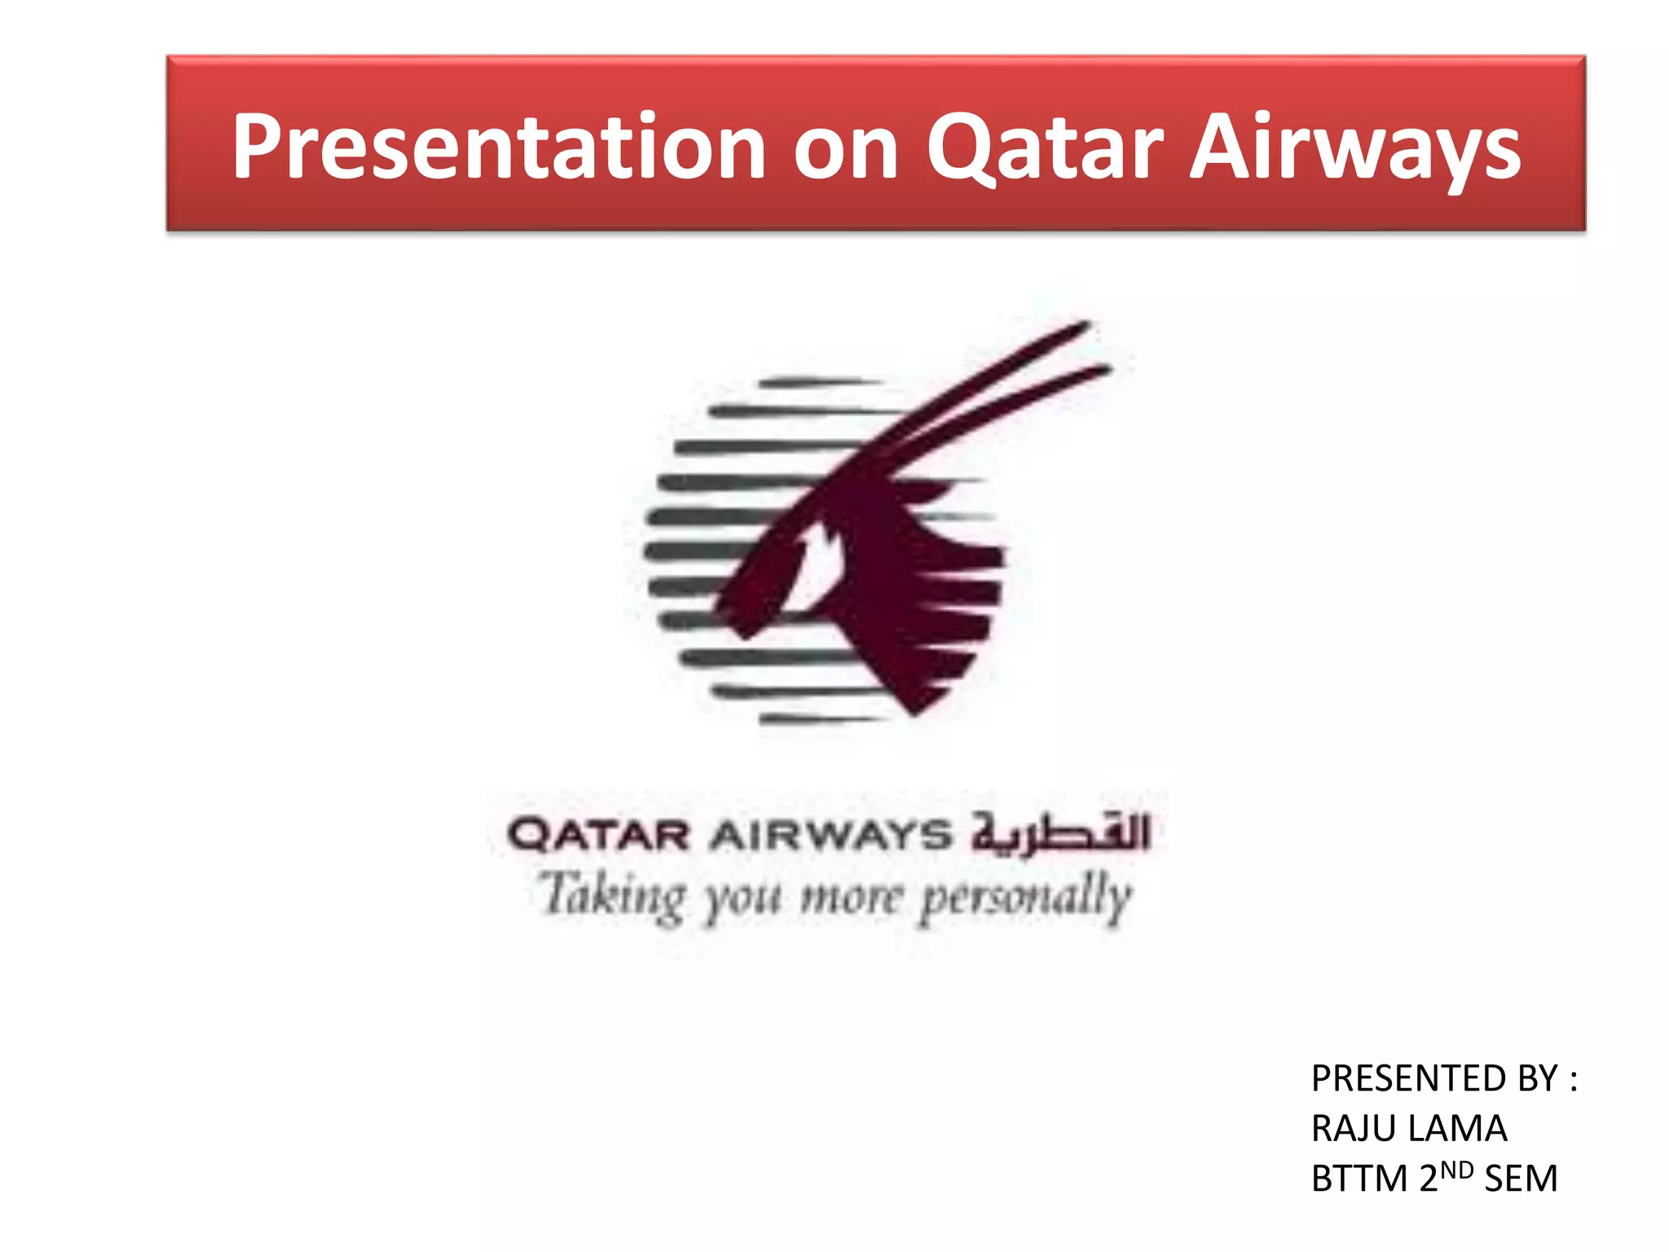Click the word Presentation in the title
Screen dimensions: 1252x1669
[x=498, y=147]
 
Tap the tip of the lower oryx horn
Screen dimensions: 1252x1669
[x=1106, y=369]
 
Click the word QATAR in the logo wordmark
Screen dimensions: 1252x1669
[x=599, y=835]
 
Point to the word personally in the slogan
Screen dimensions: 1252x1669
[x=1027, y=897]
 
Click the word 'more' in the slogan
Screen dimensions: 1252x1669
[x=851, y=897]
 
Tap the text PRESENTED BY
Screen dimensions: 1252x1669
[x=1434, y=1078]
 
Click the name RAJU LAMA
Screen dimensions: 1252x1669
[x=1409, y=1129]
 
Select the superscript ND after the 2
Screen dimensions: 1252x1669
[x=1457, y=1170]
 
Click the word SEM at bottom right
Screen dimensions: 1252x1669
[x=1521, y=1179]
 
